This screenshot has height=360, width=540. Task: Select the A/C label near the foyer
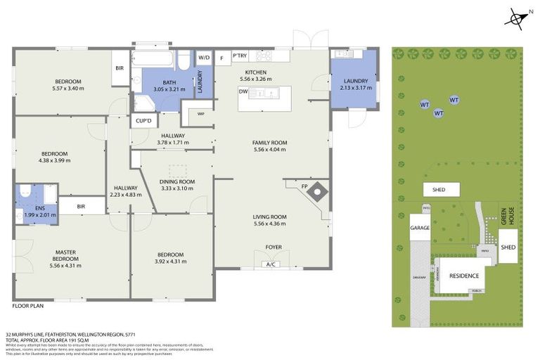tap(270, 264)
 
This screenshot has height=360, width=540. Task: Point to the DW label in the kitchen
tap(243, 91)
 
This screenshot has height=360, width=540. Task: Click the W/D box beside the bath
tap(203, 57)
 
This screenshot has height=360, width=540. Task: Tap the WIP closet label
tap(200, 113)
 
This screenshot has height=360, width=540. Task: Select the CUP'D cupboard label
tap(143, 120)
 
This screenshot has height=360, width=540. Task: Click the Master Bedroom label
tap(67, 255)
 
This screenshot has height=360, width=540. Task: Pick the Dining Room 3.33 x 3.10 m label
tap(177, 184)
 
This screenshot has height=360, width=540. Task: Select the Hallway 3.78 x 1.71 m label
tap(172, 139)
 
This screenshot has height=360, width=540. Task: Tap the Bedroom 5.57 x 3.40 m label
tap(67, 84)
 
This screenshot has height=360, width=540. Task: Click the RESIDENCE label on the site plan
tap(464, 276)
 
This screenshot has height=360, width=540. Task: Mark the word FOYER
tap(274, 247)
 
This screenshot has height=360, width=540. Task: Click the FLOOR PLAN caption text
tap(28, 307)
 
